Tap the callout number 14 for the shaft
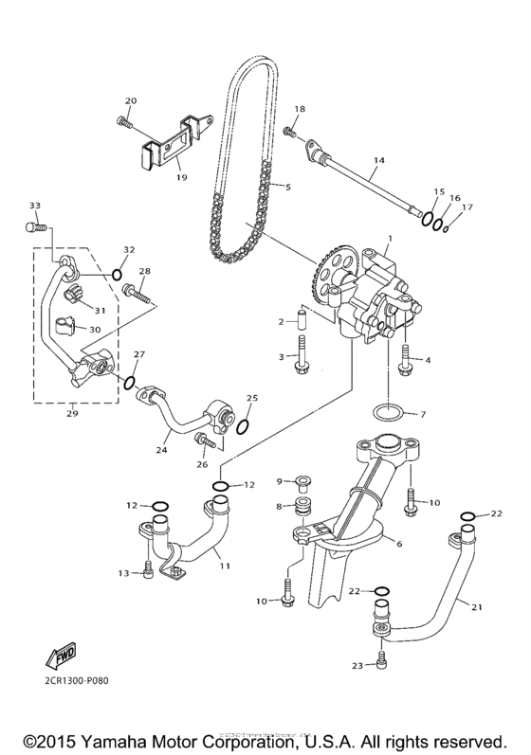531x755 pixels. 378,161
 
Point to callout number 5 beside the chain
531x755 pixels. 288,187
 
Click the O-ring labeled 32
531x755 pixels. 117,275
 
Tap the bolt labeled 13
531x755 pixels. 148,569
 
